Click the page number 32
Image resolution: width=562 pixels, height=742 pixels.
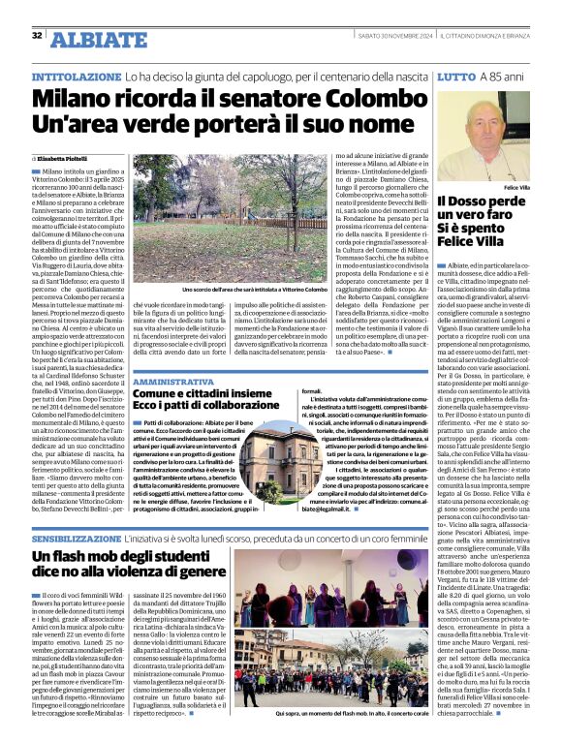click(x=38, y=36)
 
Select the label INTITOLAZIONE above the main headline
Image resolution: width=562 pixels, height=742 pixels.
click(x=78, y=76)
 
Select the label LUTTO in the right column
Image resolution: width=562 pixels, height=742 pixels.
click(x=457, y=76)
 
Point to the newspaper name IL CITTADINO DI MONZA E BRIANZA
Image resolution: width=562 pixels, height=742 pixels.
click(x=480, y=36)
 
